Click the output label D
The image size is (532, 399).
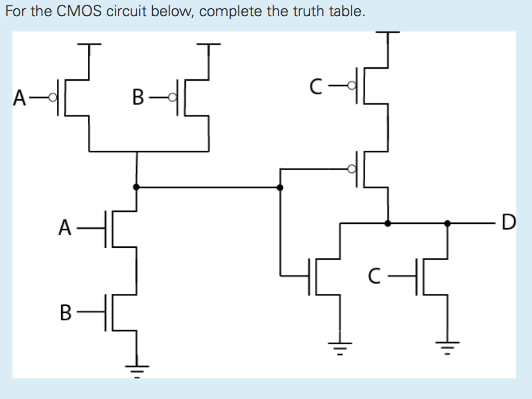pyautogui.click(x=509, y=222)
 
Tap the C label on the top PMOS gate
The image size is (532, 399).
pyautogui.click(x=317, y=85)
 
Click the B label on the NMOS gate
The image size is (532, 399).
pyautogui.click(x=65, y=312)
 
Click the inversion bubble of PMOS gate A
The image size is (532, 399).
pyautogui.click(x=53, y=98)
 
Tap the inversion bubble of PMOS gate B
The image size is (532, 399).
pyautogui.click(x=172, y=98)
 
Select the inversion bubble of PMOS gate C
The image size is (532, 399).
pyautogui.click(x=352, y=85)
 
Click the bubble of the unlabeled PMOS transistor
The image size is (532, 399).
pyautogui.click(x=352, y=169)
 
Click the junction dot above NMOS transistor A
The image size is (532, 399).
pyautogui.click(x=136, y=187)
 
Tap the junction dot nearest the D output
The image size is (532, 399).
pyautogui.click(x=447, y=222)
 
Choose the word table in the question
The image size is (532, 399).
pyautogui.click(x=343, y=12)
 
